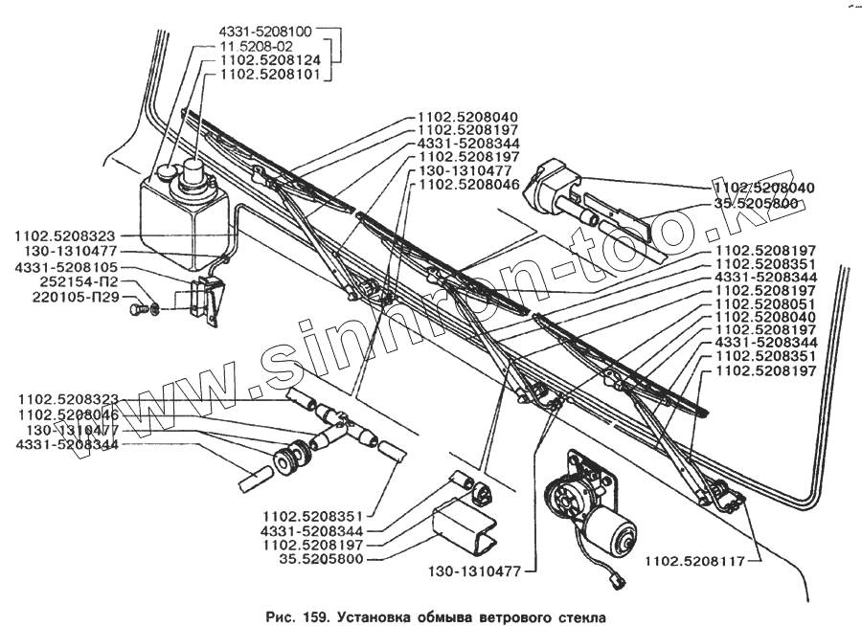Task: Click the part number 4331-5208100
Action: pos(265,31)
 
